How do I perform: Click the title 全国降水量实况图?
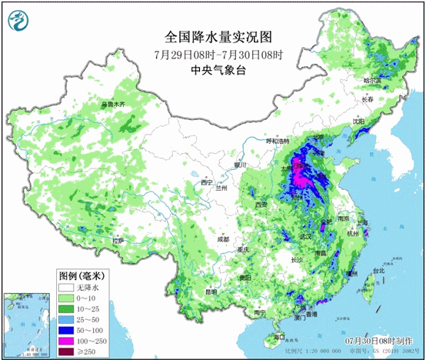click(x=218, y=36)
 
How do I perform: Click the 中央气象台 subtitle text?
click(x=218, y=70)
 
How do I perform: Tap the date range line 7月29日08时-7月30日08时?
click(x=218, y=54)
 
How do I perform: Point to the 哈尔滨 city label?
click(x=373, y=80)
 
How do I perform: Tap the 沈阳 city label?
click(x=359, y=121)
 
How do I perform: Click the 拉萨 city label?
click(x=117, y=240)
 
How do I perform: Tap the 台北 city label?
click(x=378, y=271)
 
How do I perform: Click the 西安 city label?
click(x=261, y=204)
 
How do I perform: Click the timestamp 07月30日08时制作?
click(x=379, y=339)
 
